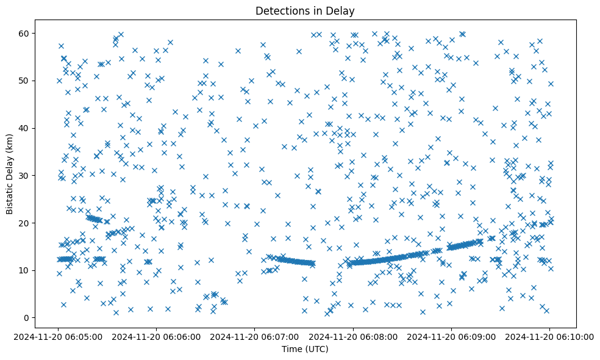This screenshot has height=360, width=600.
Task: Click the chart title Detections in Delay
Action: tap(305, 10)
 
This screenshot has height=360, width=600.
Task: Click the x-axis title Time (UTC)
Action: tap(305, 349)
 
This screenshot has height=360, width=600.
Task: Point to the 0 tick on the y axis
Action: tap(26, 317)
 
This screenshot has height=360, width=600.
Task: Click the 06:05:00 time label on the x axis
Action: tap(59, 336)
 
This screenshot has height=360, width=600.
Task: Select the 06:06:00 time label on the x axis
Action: tap(157, 336)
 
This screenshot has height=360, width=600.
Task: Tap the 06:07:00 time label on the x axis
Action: tap(255, 336)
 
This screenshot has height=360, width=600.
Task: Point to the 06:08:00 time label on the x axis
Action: tap(353, 336)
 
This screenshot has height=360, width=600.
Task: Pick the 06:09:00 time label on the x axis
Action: tap(451, 336)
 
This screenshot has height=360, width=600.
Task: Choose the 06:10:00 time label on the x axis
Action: tap(549, 336)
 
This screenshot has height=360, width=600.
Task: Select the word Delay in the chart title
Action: tap(342, 10)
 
